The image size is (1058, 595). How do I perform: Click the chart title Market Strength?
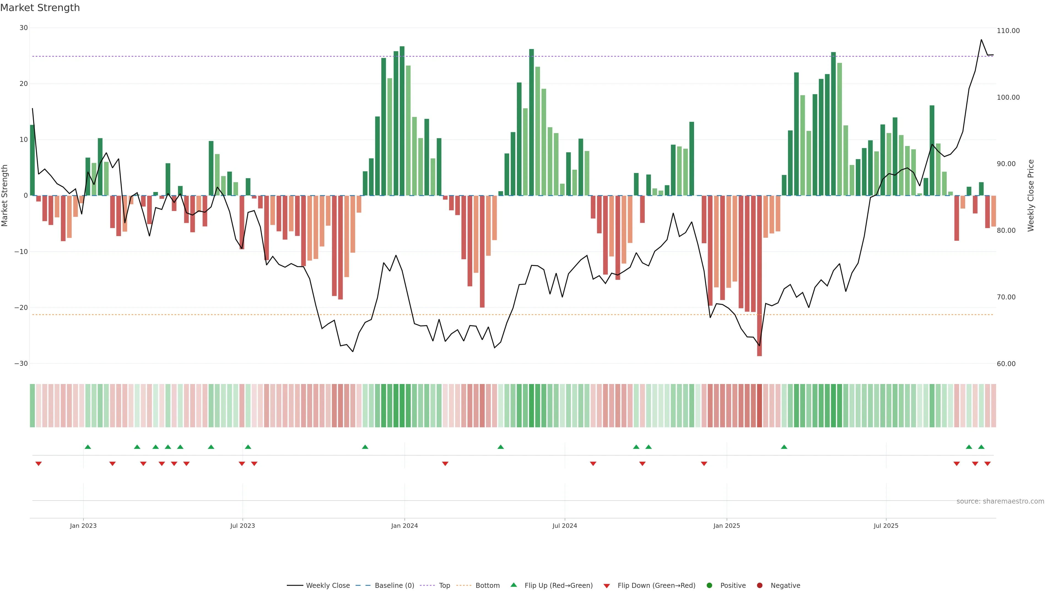40,8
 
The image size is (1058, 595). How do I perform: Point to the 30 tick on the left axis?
23,28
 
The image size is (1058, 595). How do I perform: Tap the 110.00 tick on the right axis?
1008,31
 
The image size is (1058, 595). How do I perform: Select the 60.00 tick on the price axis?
1006,364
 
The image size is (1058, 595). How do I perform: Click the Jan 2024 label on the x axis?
404,526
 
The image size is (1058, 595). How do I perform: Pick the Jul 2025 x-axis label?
886,526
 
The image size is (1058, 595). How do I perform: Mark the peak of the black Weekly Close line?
981,40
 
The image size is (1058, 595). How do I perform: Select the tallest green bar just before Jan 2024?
402,121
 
